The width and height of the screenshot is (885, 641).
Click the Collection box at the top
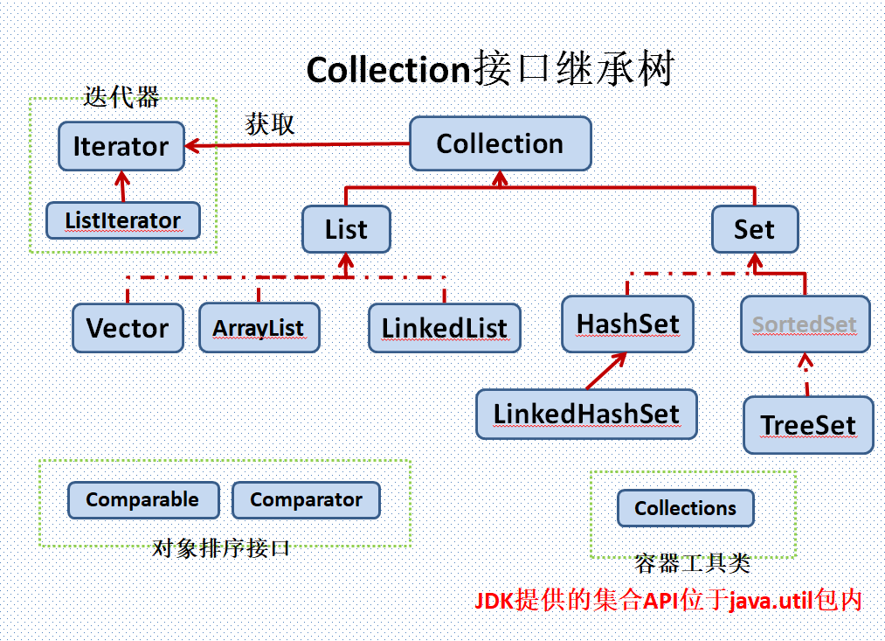[x=500, y=144]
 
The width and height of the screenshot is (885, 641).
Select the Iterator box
[x=121, y=146]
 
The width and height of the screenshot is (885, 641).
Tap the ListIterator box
[x=122, y=220]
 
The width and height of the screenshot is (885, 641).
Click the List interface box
[x=346, y=230]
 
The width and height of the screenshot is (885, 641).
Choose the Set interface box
[x=754, y=230]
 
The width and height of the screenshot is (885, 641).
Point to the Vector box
[x=128, y=328]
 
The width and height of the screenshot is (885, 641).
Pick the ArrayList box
[x=259, y=328]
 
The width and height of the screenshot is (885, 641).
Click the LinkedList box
[x=444, y=328]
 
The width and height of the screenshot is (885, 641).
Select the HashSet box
[x=627, y=324]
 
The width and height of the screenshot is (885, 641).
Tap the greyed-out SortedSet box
[x=805, y=324]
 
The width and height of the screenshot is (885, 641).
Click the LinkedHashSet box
[x=586, y=414]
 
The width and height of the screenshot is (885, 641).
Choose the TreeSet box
[x=808, y=425]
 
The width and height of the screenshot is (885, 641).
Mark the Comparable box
[x=142, y=500]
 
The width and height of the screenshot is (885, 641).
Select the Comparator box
[x=306, y=500]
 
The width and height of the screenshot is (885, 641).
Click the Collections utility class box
[x=685, y=508]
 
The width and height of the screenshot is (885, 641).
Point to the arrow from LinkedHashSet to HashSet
[x=605, y=371]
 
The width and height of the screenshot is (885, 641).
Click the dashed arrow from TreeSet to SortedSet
[x=806, y=374]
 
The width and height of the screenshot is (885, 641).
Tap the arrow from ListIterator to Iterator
[x=121, y=186]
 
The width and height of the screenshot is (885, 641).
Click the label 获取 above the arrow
[x=270, y=124]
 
